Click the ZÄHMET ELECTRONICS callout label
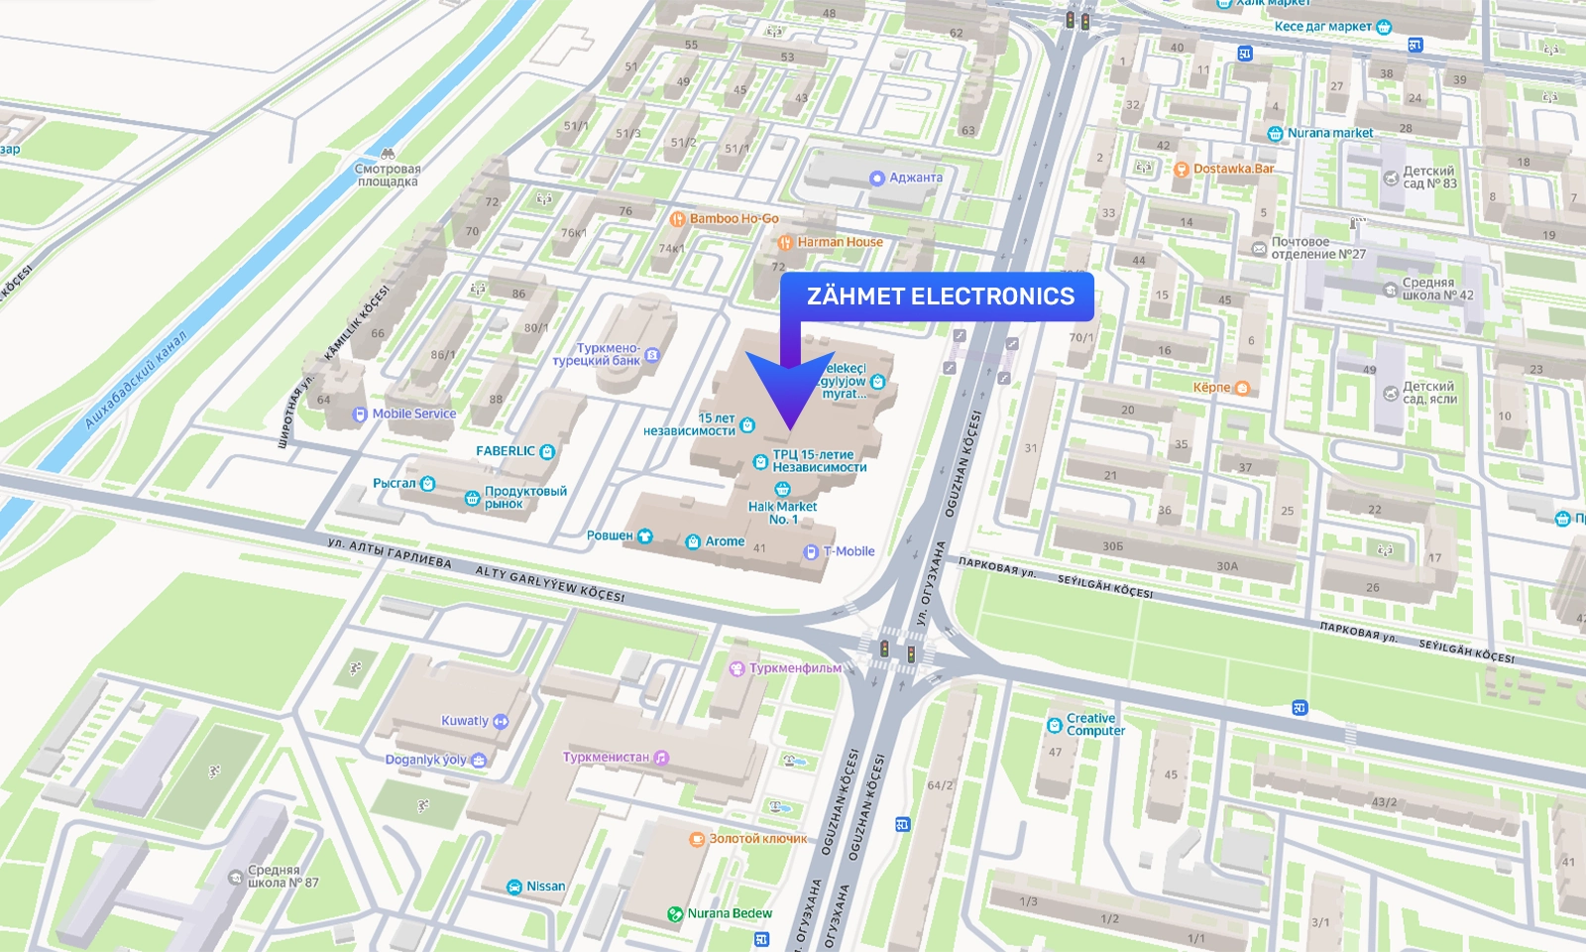pos(940,297)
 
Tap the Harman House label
pos(839,242)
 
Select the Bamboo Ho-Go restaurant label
pos(734,219)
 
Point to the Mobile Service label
pos(413,415)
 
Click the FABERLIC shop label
pos(506,451)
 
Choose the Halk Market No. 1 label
pos(783,512)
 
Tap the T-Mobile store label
pos(849,551)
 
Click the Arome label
pos(724,541)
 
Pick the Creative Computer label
pos(1095,725)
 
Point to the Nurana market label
pos(1329,133)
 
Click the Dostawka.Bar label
pos(1233,169)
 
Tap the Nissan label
pos(545,887)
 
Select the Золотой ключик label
pos(757,839)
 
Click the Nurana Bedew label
pos(730,913)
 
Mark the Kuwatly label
pos(465,721)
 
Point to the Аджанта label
pos(915,178)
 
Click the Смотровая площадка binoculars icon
pos(388,154)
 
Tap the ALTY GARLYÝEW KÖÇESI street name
pos(549,584)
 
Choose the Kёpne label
pos(1211,388)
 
